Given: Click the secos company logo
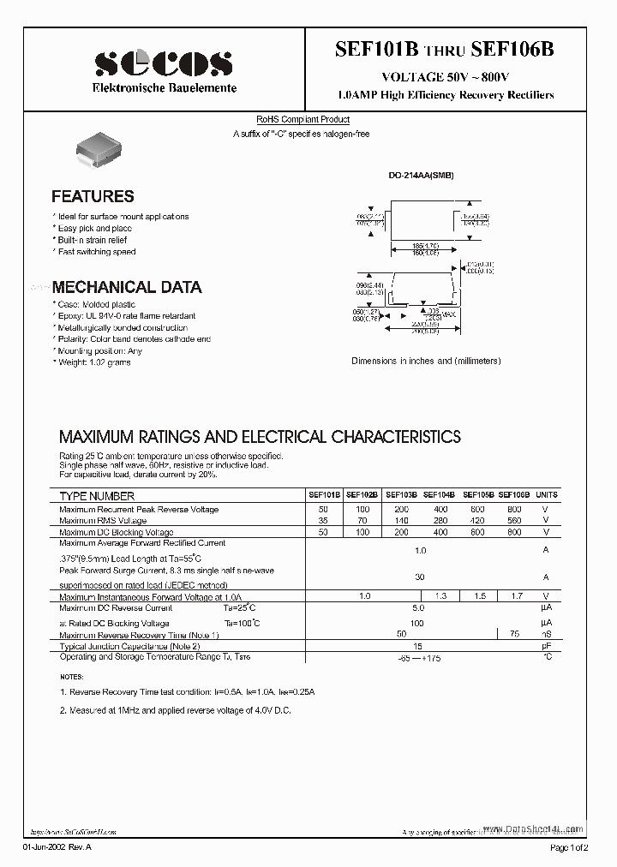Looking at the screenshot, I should click(x=164, y=63).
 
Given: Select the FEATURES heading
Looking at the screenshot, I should click(x=93, y=196).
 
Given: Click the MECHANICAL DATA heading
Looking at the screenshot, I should click(x=127, y=287).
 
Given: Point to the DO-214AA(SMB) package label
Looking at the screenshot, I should click(x=421, y=175).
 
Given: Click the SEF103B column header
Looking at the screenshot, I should click(x=401, y=495).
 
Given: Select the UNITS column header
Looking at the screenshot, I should click(x=546, y=495).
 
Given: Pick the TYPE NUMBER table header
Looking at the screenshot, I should click(x=97, y=496).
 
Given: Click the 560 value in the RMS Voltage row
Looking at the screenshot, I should click(x=513, y=521).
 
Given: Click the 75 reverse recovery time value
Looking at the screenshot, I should click(x=513, y=635).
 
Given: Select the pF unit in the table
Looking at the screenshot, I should click(x=546, y=647).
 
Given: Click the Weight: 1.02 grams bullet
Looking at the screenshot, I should click(x=94, y=362).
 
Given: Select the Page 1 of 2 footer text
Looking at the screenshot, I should click(x=568, y=847).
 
